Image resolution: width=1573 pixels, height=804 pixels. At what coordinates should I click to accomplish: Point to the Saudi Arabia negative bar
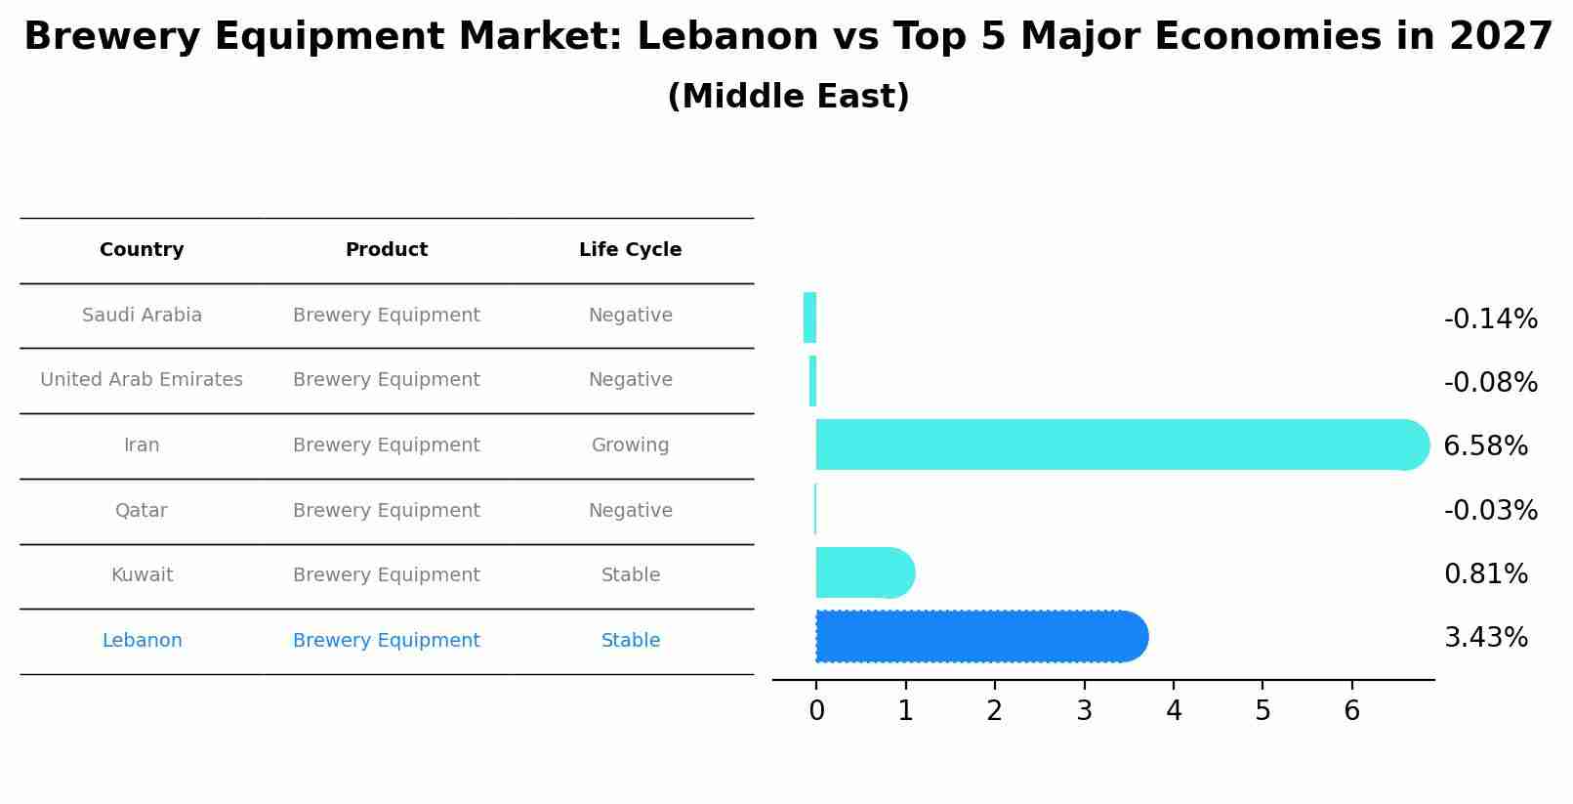(809, 317)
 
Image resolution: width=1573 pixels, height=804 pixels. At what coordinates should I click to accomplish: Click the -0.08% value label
(1490, 382)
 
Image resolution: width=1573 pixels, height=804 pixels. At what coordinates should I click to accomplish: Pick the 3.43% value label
(1485, 638)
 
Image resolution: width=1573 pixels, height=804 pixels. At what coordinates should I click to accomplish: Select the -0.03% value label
(1490, 510)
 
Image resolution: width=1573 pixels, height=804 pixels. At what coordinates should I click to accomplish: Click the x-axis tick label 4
(1174, 711)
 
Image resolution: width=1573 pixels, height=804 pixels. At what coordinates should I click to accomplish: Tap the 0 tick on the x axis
(816, 711)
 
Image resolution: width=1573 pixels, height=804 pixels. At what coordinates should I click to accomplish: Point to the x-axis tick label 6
(1351, 711)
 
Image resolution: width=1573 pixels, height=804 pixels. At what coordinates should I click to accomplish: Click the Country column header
(142, 250)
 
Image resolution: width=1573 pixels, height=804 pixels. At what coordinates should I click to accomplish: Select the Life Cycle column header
(630, 250)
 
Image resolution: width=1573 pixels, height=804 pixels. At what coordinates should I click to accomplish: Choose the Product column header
(387, 250)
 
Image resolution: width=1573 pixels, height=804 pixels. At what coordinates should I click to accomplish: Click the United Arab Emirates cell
(142, 380)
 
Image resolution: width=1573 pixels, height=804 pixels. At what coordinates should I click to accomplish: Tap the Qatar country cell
(142, 511)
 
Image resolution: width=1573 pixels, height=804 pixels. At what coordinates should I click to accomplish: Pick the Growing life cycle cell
(630, 445)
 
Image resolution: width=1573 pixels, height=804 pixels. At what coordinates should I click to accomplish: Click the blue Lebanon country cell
(142, 641)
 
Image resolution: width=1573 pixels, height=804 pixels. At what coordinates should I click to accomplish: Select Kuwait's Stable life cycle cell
(630, 575)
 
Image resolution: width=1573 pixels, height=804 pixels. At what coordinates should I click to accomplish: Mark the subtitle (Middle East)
(788, 97)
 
